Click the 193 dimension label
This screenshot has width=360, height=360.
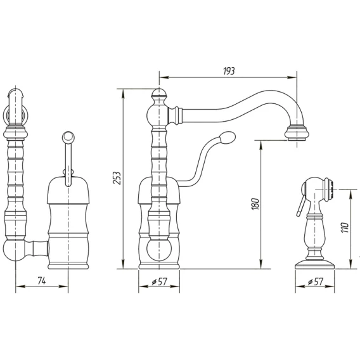coord(229,71)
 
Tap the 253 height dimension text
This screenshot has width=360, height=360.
coord(117,177)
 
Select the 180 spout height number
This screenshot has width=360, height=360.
coord(255,203)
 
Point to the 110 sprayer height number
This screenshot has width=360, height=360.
coord(344,228)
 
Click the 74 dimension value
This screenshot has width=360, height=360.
coord(42,281)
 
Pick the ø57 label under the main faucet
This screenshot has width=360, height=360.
coord(159,281)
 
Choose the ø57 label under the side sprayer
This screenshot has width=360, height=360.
coord(316,281)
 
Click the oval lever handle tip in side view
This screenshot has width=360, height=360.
coord(228,138)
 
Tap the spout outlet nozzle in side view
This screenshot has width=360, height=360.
coord(297,132)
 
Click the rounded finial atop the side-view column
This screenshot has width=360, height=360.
coord(159,93)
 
